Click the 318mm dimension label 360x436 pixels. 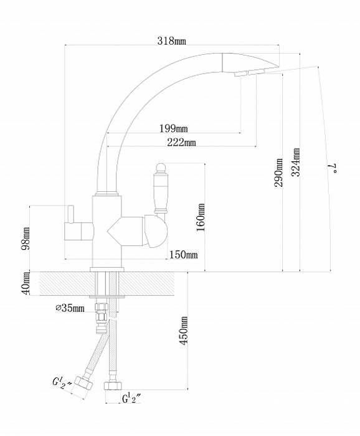click(171, 41)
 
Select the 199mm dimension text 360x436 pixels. click(174, 128)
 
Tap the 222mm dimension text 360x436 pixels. click(181, 143)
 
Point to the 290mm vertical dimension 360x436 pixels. click(278, 173)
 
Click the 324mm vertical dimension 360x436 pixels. click(296, 162)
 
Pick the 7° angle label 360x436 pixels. click(333, 168)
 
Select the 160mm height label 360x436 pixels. click(201, 217)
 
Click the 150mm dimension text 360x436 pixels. click(184, 254)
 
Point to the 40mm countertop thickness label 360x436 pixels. click(26, 283)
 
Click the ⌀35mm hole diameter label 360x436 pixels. click(70, 308)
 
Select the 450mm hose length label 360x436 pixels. click(183, 330)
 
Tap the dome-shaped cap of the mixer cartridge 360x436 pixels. click(156, 231)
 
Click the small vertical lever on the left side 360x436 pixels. click(70, 214)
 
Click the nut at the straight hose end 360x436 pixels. click(113, 386)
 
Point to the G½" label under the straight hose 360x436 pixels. click(132, 399)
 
